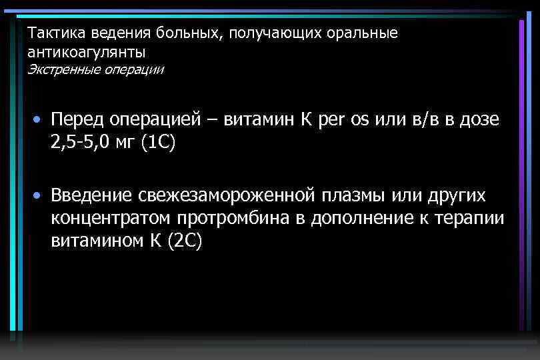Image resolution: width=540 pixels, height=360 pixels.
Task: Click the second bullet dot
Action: tap(40, 196)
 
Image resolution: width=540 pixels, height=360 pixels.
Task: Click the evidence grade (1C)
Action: tap(157, 143)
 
